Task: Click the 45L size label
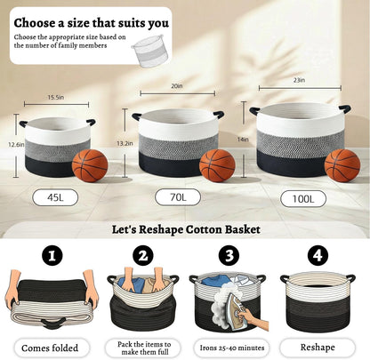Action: (55, 197)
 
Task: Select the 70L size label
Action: (178, 197)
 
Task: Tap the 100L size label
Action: (303, 199)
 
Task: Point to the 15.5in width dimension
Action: (56, 98)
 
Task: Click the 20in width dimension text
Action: (177, 86)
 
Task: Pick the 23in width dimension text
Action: (299, 80)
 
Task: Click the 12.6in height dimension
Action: (16, 145)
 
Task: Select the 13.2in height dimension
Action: (125, 144)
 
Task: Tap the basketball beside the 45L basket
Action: (90, 165)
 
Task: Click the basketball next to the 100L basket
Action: (342, 165)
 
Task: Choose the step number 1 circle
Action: (52, 255)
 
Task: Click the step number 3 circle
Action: (229, 255)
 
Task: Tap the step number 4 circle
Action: (318, 255)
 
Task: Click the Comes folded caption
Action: (50, 348)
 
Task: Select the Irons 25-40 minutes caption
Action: (232, 348)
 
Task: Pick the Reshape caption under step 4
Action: (318, 348)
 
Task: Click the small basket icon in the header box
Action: (151, 51)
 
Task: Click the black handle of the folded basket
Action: (53, 323)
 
